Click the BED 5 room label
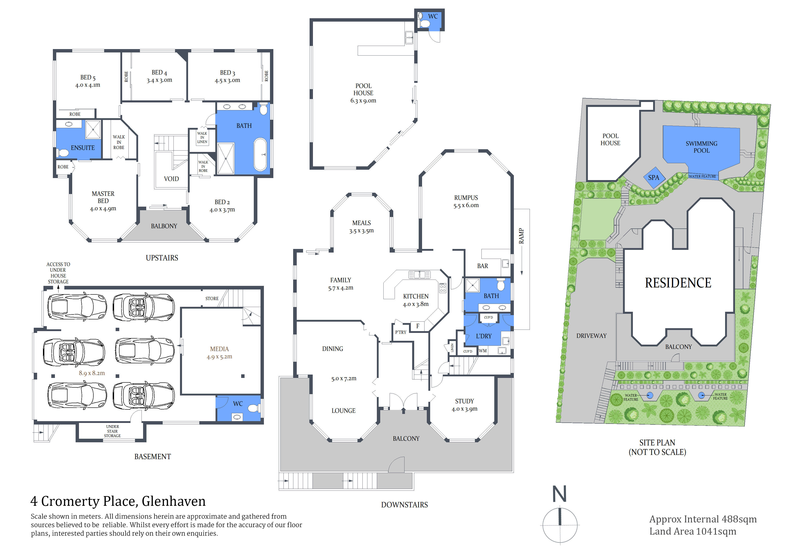[88, 77]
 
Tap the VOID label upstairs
[171, 179]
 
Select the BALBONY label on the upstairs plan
[164, 226]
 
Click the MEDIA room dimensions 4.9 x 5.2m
[219, 357]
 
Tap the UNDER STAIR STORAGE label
[112, 431]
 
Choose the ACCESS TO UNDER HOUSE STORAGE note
[58, 273]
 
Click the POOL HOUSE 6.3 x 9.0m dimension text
[363, 101]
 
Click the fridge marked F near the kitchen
[418, 326]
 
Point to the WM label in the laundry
[483, 351]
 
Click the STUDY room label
[464, 401]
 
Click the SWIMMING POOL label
[701, 147]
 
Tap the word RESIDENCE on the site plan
[678, 283]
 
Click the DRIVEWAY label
[591, 336]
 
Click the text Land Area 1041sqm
[693, 531]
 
